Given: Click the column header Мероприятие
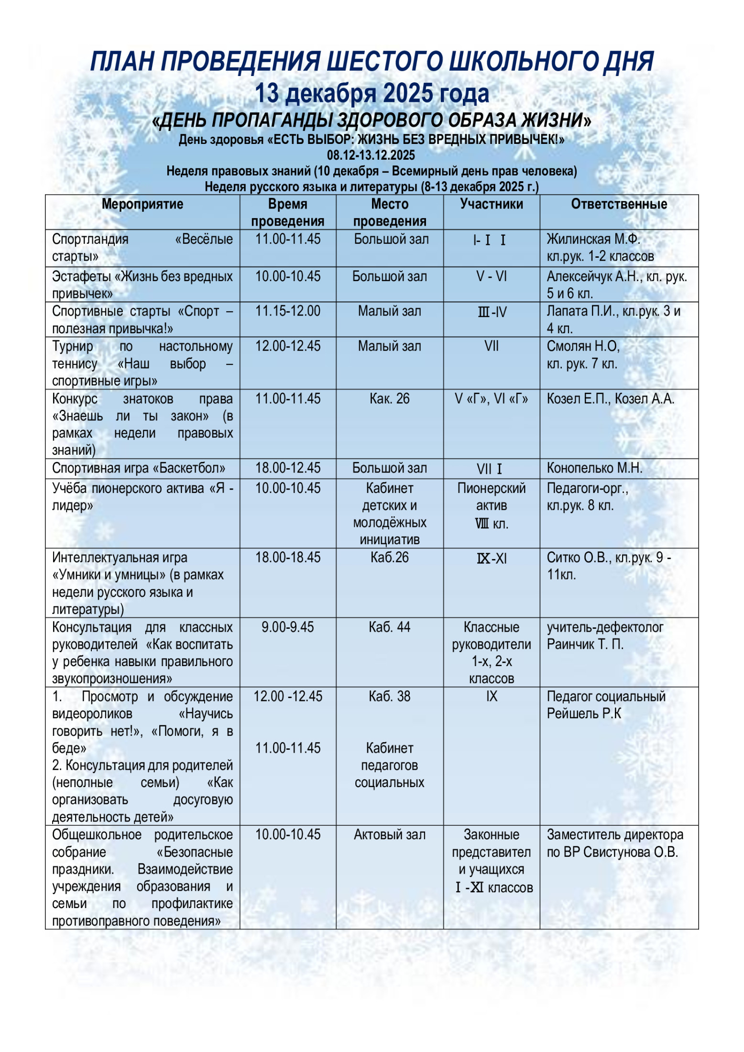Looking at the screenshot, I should pos(142,204).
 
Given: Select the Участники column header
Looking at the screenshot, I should pos(491,204).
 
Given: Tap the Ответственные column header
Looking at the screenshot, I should pos(619,204).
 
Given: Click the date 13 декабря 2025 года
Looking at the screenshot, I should pos(372,93).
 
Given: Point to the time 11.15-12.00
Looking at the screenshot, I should pos(287,311).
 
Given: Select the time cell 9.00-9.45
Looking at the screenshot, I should pos(287,627).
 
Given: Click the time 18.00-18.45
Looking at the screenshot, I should pos(287,558).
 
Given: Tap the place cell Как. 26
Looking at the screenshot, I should pos(389,399).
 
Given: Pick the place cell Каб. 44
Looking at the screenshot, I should pos(389,627).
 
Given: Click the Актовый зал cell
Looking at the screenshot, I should pos(389,834).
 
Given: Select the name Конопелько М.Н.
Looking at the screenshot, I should pos(594,468).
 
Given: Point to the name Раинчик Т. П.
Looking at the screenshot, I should pos(585,644).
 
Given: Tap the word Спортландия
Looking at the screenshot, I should pos(90,239).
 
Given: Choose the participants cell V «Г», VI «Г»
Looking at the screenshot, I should pos(491,399).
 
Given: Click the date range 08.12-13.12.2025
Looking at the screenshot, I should pos(371,155).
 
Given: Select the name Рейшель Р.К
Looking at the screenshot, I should pos(584,713).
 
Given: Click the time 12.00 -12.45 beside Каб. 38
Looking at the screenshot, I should pos(287,696).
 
